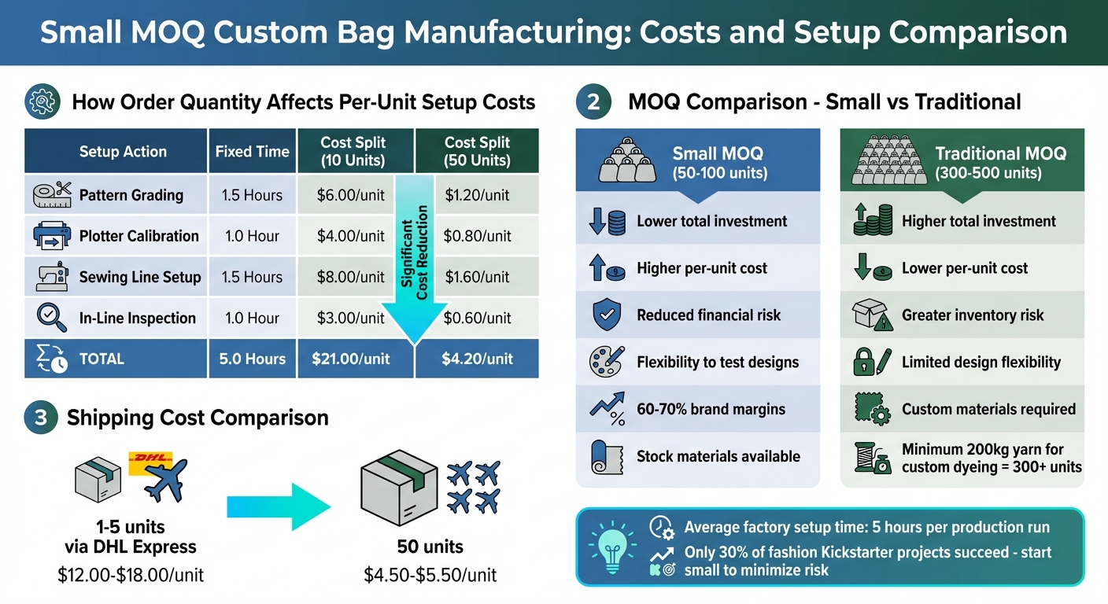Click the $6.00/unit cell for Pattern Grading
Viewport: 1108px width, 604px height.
[x=351, y=195]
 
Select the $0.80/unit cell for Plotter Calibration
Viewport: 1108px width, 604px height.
[x=477, y=236]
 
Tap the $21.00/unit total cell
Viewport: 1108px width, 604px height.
[x=351, y=359]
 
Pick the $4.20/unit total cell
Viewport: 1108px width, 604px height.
[x=477, y=359]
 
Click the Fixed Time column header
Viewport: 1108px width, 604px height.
[x=252, y=152]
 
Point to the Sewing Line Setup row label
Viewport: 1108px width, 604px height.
[x=140, y=277]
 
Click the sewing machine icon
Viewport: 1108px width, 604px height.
[x=53, y=277]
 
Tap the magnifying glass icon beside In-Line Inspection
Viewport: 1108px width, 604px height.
[x=51, y=317]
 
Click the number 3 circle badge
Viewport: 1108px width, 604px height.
[x=41, y=418]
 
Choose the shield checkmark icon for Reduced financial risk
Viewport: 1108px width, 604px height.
[x=606, y=315]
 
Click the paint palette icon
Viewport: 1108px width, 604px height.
[x=606, y=362]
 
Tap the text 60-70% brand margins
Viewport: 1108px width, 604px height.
[x=711, y=409]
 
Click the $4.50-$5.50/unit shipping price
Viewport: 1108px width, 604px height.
[x=430, y=575]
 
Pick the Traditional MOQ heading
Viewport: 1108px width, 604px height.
[x=1000, y=153]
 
